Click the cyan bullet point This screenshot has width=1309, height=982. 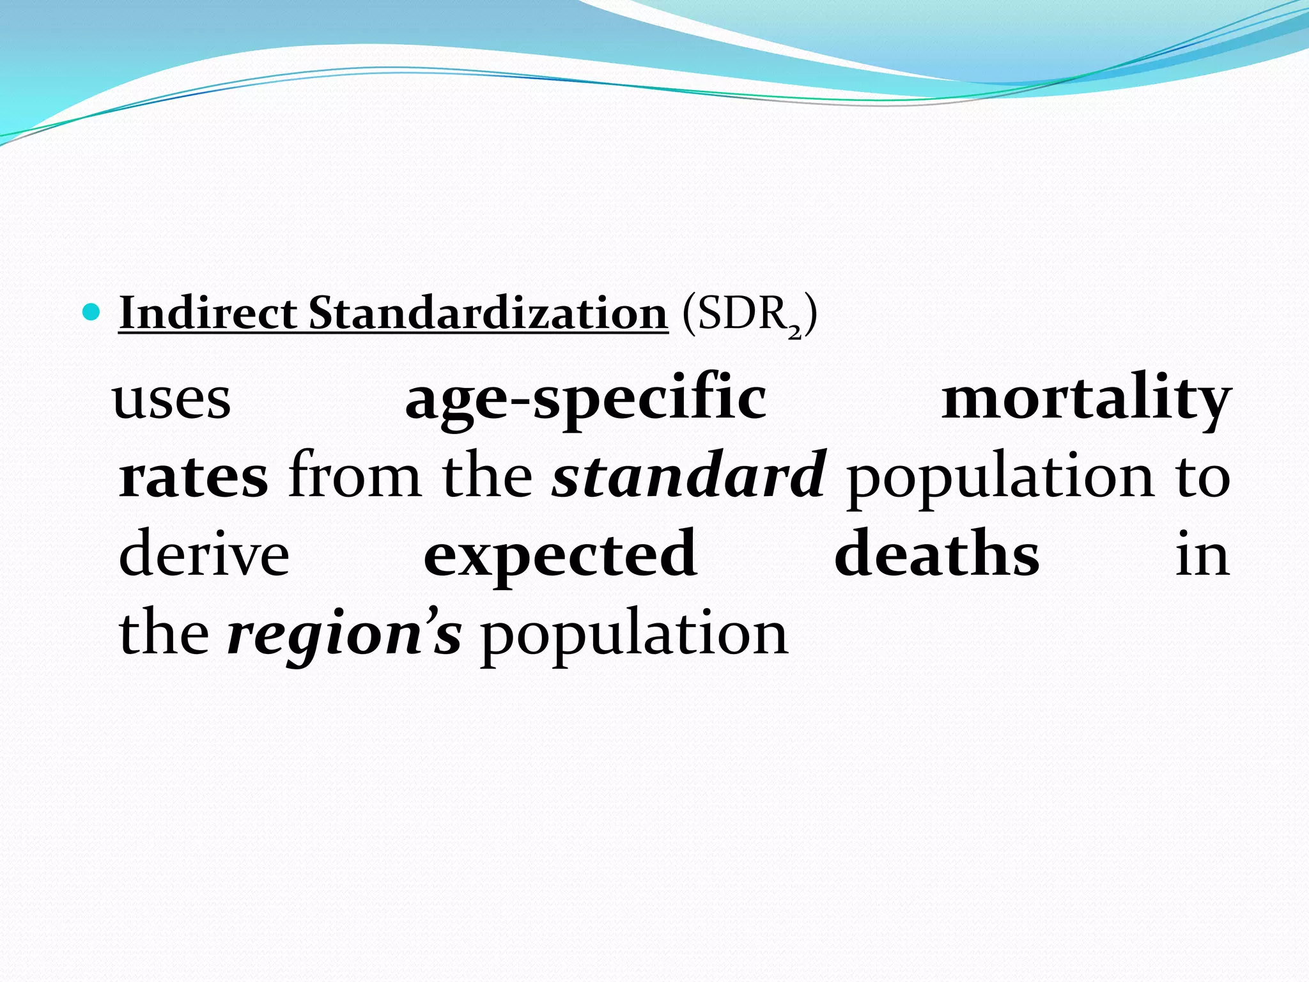pyautogui.click(x=92, y=313)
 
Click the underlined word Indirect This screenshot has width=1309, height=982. pyautogui.click(x=207, y=313)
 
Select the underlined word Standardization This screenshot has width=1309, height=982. pyautogui.click(x=488, y=313)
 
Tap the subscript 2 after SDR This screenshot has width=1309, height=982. pyautogui.click(x=794, y=332)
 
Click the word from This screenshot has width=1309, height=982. pyautogui.click(x=354, y=477)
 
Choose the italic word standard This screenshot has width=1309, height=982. pyautogui.click(x=690, y=477)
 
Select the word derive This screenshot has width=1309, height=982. pyautogui.click(x=204, y=555)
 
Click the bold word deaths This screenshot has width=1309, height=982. pyautogui.click(x=936, y=555)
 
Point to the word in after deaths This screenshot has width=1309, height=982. pyautogui.click(x=1202, y=555)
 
